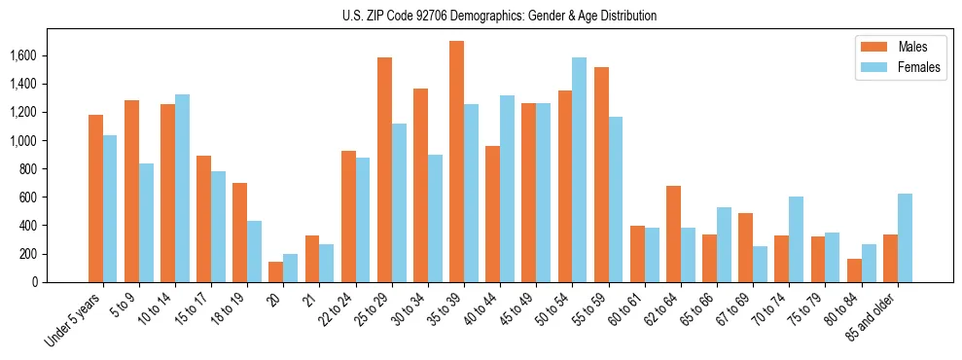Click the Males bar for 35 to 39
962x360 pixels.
point(456,162)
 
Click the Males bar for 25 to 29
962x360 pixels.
point(384,169)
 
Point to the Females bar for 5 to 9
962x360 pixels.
point(146,223)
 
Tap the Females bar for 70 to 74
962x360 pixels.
point(797,239)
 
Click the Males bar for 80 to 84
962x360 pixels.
point(853,270)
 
